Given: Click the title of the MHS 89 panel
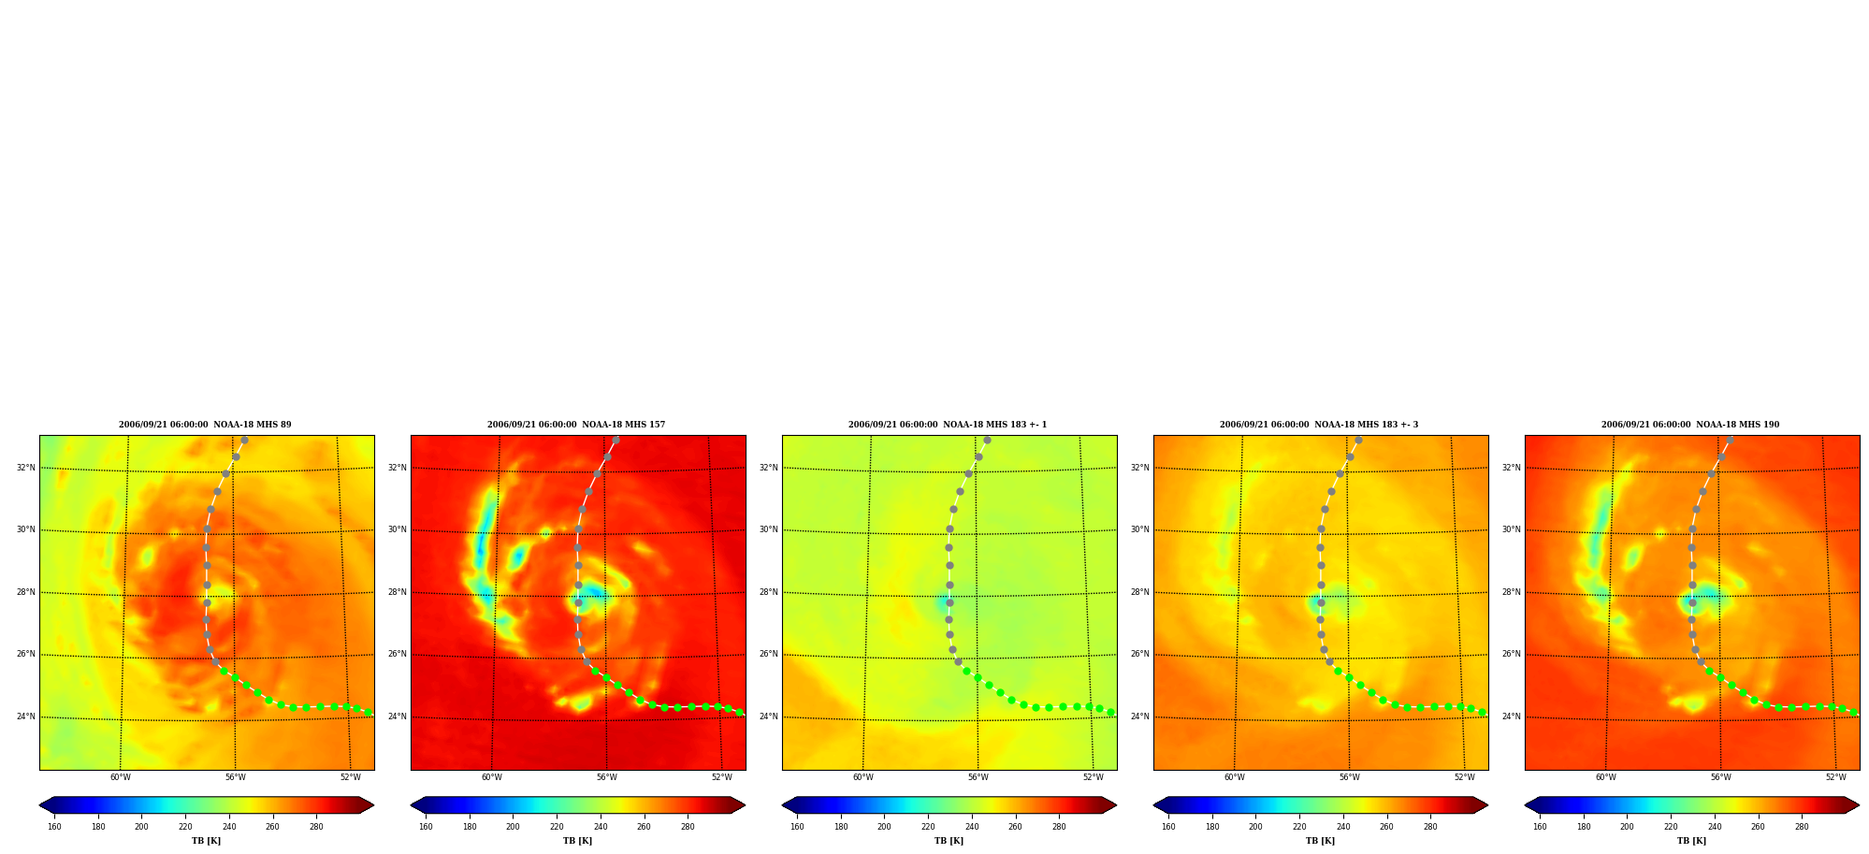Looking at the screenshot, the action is pos(205,425).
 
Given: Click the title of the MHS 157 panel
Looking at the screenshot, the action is pos(576,425).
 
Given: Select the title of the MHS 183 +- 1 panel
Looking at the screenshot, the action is pos(948,425).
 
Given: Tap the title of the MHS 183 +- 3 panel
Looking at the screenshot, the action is pos(1319,425).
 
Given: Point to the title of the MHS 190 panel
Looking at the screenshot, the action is pos(1690,425).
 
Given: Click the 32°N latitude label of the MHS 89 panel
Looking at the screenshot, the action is pos(25,468).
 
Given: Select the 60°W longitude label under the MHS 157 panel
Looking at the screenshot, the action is pos(492,777).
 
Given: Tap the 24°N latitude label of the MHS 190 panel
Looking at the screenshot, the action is pos(1511,716).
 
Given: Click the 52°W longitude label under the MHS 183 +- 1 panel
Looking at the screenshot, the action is pos(1094,777).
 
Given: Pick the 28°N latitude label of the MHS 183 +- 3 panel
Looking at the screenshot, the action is pos(1139,592).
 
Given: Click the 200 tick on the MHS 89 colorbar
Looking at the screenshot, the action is pos(141,826).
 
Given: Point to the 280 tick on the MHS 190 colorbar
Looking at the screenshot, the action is pos(1802,826).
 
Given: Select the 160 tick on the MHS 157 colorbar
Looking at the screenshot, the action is pos(426,826).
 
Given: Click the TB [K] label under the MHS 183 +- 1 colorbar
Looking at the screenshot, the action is pos(949,841).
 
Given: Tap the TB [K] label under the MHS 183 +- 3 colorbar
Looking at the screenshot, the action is pos(1320,841).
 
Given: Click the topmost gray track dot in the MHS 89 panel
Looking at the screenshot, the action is pos(244,440).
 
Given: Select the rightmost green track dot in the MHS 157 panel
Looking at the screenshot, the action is pos(739,713).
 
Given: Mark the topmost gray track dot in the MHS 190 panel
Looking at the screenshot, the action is pos(1730,440).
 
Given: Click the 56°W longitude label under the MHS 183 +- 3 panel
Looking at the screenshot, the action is pos(1350,777).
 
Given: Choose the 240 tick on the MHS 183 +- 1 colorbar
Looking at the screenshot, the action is pos(972,826).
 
